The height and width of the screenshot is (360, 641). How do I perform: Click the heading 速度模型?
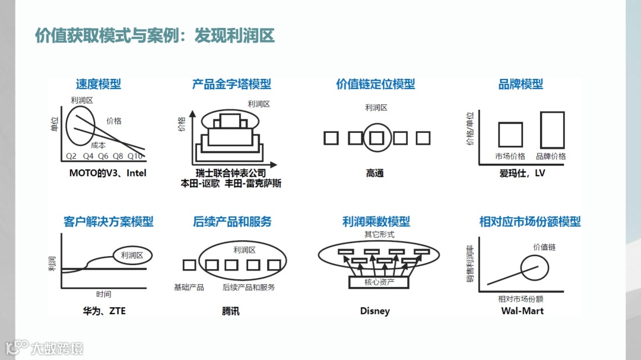click(x=99, y=84)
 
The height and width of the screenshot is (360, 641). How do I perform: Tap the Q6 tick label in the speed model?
click(x=103, y=157)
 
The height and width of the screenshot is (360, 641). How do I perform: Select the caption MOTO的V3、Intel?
click(x=107, y=173)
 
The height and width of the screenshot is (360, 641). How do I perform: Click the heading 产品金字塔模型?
click(x=231, y=84)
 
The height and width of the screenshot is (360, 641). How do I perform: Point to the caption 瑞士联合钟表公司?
click(x=231, y=173)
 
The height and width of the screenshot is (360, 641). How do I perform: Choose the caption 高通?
click(x=375, y=173)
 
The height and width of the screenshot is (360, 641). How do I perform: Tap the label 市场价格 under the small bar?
click(x=510, y=157)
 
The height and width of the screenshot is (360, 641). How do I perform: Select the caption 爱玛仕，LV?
click(x=522, y=173)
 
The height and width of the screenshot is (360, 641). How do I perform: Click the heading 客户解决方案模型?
click(x=109, y=222)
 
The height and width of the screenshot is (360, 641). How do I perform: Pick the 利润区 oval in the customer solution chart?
click(x=132, y=255)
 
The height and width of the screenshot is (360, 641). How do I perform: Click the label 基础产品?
click(x=189, y=287)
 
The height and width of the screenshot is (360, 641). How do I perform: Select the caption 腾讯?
click(x=231, y=311)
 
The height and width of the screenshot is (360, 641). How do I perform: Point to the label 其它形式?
click(x=379, y=235)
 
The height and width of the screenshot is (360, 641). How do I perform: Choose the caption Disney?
click(x=375, y=311)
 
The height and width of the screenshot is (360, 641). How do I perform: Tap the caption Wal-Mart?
click(x=522, y=311)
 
